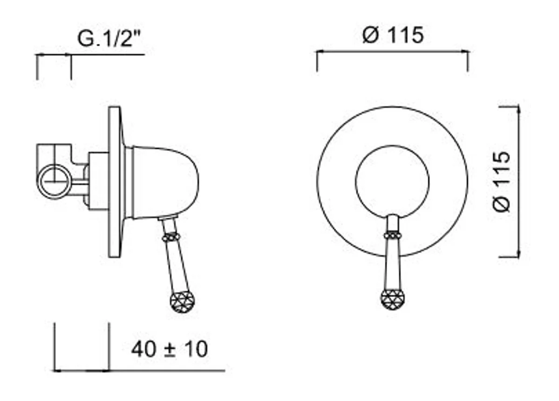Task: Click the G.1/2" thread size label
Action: tap(109, 39)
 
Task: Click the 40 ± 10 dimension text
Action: tap(169, 349)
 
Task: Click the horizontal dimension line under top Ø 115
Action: tap(392, 52)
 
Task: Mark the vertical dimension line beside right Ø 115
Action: tap(518, 181)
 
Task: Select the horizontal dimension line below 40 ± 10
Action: tap(140, 371)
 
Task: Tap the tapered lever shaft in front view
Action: tap(392, 263)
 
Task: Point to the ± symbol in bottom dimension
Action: tap(169, 350)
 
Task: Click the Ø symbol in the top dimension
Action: tap(371, 35)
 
